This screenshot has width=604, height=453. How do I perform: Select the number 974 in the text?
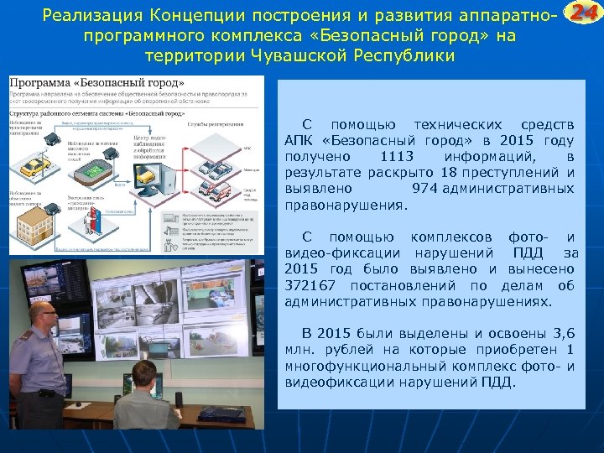424,189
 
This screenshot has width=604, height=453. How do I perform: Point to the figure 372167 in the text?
308,285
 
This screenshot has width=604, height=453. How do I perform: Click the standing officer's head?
43,313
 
